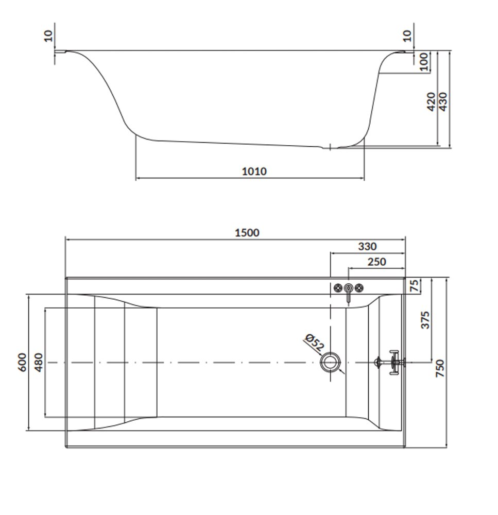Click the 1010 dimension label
coord(254,171)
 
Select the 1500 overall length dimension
coord(247,233)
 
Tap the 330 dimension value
coord(367,246)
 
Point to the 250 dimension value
coord(376,262)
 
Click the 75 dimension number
coord(415,285)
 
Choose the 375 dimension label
coord(425,320)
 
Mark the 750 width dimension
coord(439,368)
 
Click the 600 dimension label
coord(22,362)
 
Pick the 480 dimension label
coord(38,362)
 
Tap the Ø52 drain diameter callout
coord(314,342)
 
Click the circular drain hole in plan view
coord(330,362)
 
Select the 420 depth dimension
coord(431,101)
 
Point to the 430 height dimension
coord(442,101)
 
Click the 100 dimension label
coord(424,61)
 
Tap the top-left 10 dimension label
coord(48,36)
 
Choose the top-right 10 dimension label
coord(407,36)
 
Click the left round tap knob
coord(338,288)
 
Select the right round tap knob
coord(359,288)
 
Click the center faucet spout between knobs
coord(349,293)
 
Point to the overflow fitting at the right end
coord(390,362)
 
